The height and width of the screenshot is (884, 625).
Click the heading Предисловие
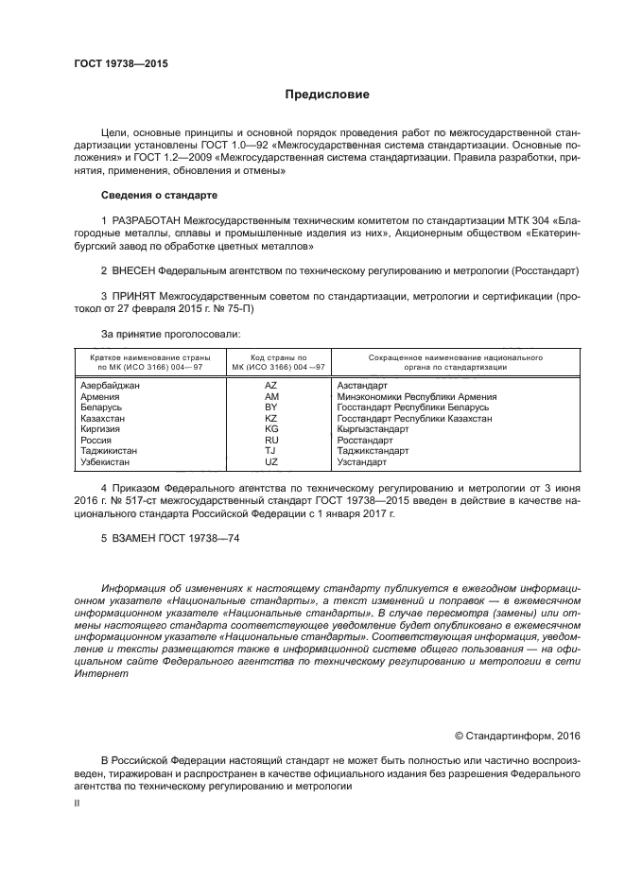click(x=327, y=95)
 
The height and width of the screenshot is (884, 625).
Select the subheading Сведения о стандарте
click(x=159, y=194)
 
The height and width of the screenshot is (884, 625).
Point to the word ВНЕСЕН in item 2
click(x=136, y=270)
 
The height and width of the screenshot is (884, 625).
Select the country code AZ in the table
click(x=270, y=386)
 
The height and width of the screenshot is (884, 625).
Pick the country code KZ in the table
click(x=270, y=417)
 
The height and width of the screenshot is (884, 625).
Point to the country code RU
click(x=270, y=441)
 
